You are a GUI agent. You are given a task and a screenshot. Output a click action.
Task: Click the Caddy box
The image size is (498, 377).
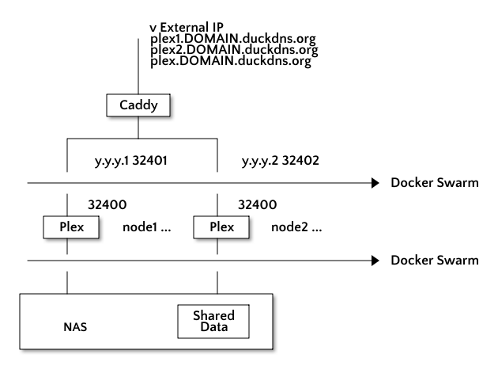coord(138,105)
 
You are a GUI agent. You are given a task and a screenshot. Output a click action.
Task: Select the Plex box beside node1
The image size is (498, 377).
coord(71,227)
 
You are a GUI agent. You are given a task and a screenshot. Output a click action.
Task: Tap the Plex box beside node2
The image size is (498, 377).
coord(221,227)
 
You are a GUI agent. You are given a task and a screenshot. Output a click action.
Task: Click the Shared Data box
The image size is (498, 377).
coord(213,322)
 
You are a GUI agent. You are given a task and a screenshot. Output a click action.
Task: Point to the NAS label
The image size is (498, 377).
coord(75,327)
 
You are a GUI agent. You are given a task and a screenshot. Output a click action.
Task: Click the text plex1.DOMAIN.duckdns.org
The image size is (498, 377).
coord(233,39)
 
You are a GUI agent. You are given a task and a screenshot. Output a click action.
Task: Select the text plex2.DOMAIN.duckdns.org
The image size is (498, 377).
coord(234,50)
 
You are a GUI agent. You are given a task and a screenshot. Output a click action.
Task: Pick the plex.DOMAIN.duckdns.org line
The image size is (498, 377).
coord(231,61)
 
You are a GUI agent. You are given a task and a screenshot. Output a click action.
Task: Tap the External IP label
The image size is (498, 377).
coord(191,28)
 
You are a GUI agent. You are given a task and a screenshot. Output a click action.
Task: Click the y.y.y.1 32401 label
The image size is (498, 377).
coord(131,161)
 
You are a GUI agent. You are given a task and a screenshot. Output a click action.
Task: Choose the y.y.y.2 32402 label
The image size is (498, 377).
coord(281,161)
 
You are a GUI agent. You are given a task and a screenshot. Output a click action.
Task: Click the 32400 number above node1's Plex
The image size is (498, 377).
coord(108,204)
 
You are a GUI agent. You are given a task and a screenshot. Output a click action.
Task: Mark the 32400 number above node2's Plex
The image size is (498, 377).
coord(258,204)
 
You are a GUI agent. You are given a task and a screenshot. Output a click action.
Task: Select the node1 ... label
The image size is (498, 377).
coord(147,227)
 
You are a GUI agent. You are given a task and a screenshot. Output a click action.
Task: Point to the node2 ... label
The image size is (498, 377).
coord(296,227)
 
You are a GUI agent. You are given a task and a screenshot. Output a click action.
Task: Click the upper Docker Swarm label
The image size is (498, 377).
coord(435,183)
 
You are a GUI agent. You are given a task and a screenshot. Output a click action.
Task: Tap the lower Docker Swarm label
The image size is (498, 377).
coord(435,261)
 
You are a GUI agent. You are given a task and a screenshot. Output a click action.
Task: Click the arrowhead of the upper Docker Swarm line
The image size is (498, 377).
coord(375,183)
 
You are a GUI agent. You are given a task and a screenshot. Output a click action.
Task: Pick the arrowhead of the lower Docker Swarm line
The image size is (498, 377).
coord(375,261)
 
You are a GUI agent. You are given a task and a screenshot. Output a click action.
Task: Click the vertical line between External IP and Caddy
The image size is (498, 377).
coord(138,67)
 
